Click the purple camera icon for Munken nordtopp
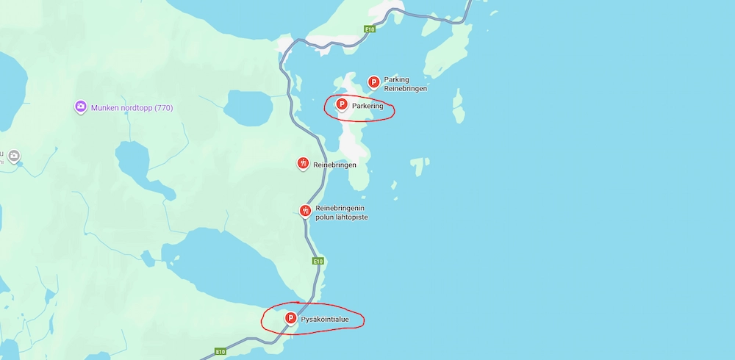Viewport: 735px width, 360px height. tap(81, 107)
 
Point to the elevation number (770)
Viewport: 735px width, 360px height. tap(164, 108)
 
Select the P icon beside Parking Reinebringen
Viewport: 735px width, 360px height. tap(373, 82)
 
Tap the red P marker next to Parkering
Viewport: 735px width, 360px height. tap(342, 105)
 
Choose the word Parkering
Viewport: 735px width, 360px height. tap(367, 107)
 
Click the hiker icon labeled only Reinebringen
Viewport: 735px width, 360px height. tap(303, 163)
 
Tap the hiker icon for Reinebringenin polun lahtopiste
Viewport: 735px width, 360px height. tap(306, 211)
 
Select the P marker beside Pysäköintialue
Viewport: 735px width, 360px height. tap(290, 318)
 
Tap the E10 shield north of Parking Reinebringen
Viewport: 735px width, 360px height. tap(370, 29)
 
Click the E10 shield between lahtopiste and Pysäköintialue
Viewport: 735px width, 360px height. tap(318, 261)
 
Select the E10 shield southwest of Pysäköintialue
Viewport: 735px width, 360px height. tap(220, 352)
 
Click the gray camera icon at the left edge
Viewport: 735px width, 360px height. tap(14, 156)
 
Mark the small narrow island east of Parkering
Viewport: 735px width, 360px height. tap(459, 107)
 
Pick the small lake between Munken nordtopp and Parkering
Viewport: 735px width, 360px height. tap(248, 108)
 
